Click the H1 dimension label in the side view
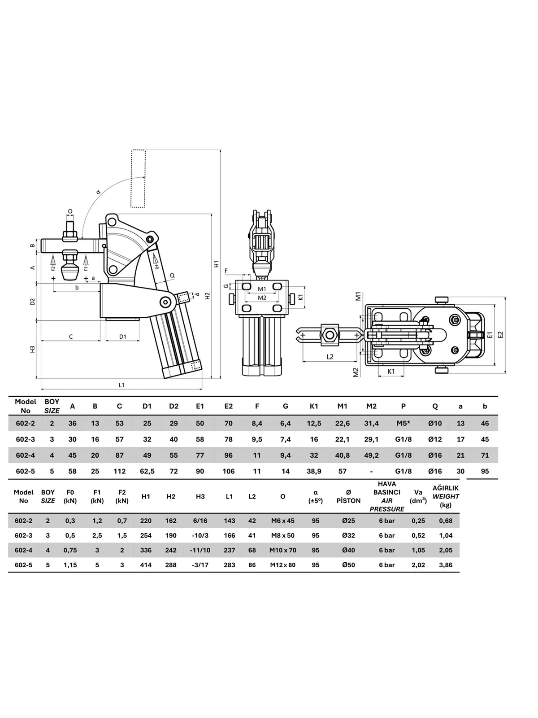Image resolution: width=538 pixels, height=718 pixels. (216, 264)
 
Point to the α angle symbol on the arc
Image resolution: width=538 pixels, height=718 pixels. (99, 192)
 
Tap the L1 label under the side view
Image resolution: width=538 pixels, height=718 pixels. (121, 385)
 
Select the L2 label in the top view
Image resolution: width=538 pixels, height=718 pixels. (330, 357)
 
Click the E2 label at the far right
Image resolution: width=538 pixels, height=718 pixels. (500, 335)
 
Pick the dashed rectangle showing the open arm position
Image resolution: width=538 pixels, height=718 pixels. (138, 179)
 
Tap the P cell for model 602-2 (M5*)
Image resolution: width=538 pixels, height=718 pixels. (403, 423)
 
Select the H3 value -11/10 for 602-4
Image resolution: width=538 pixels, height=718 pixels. (200, 550)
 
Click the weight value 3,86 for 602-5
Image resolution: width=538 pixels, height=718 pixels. (446, 565)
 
